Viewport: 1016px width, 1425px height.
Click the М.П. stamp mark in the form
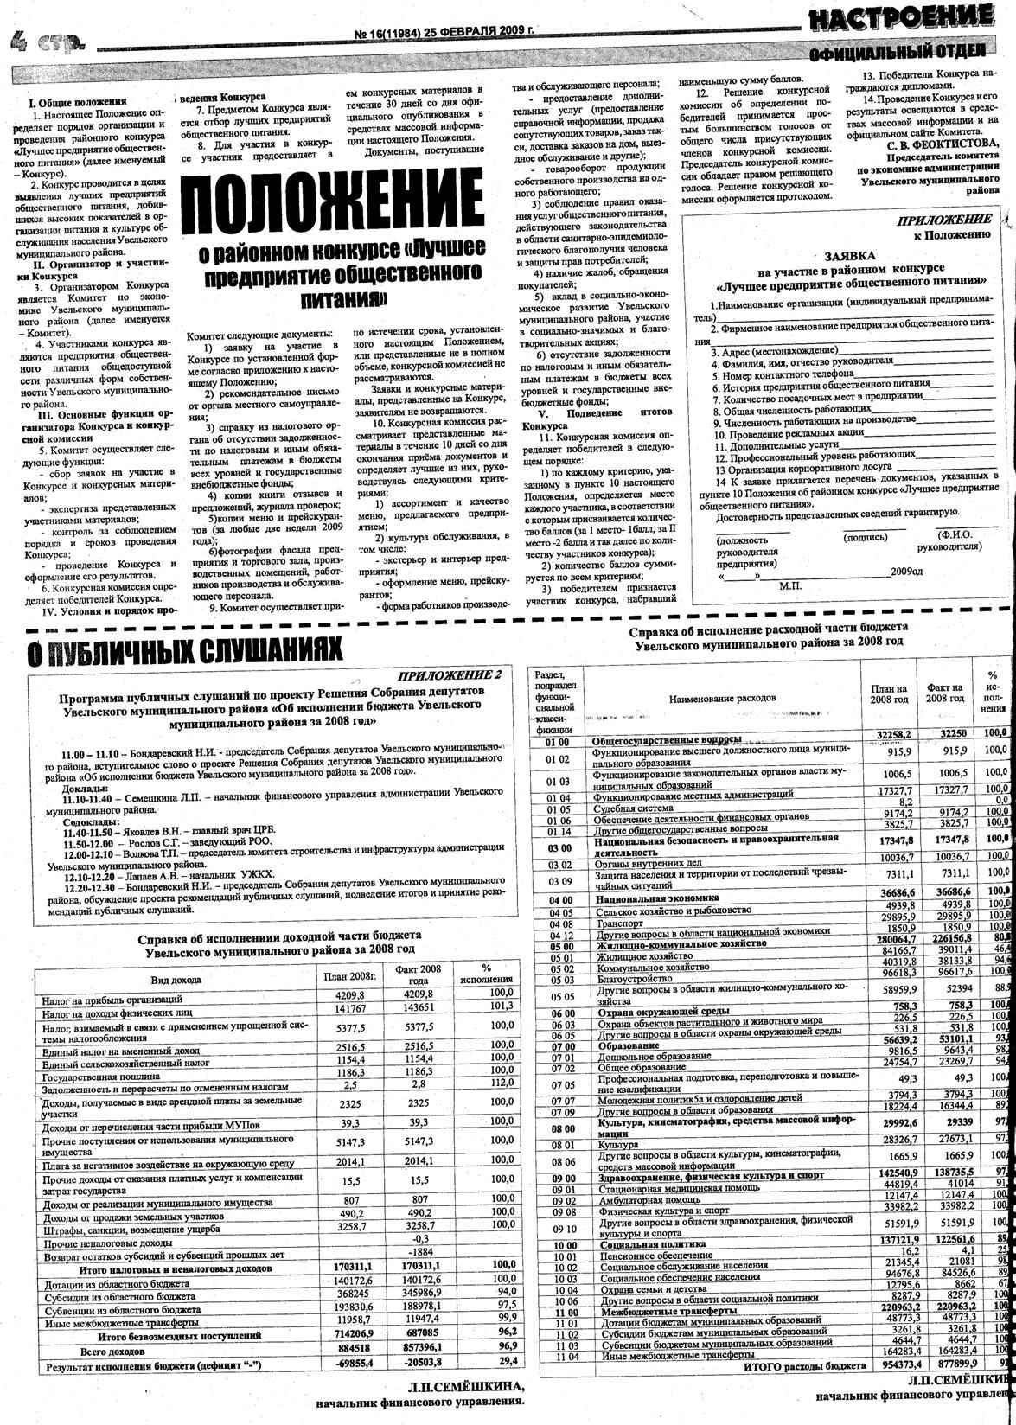791,586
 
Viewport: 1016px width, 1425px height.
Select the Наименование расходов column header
723,697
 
